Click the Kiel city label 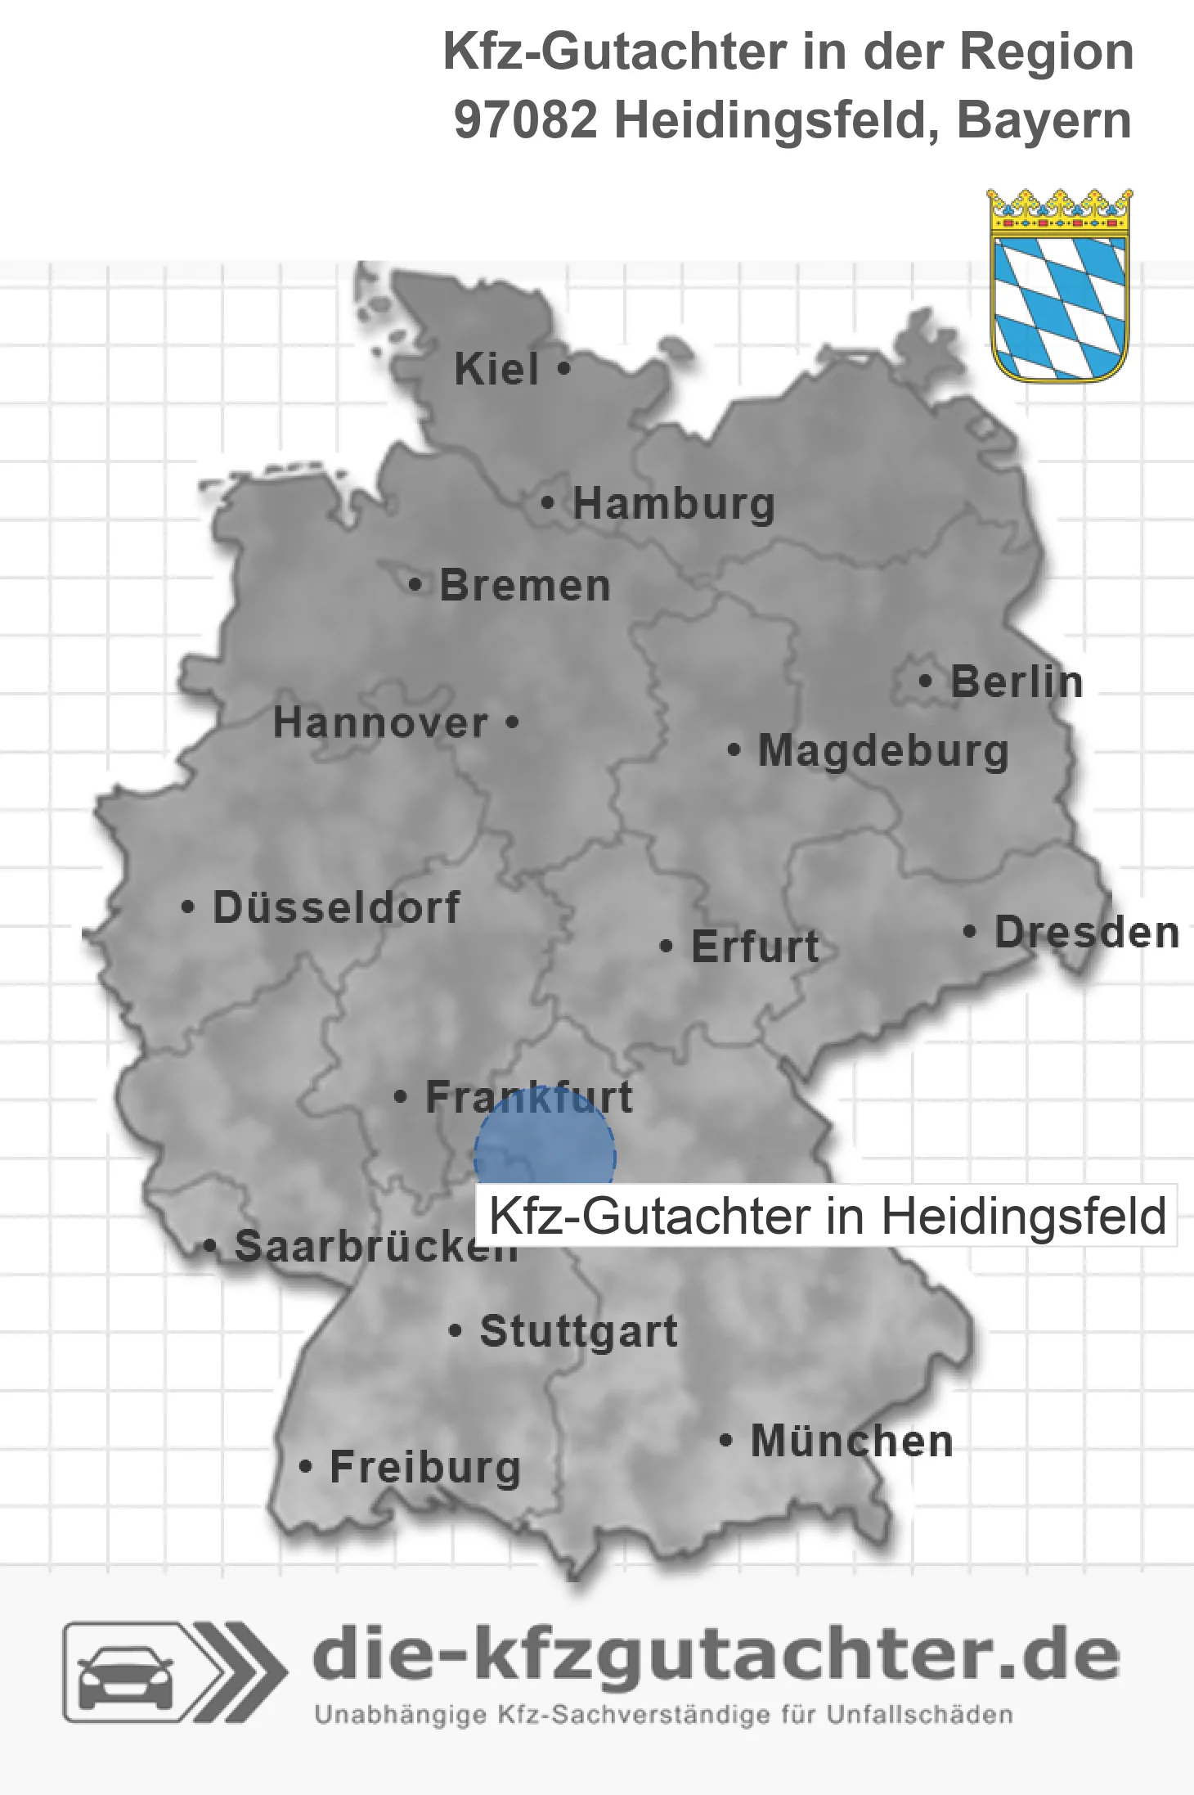pyautogui.click(x=496, y=370)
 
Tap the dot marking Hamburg pyautogui.click(x=547, y=503)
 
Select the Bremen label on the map pyautogui.click(x=524, y=586)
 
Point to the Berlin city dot pyautogui.click(x=925, y=682)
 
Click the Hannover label pyautogui.click(x=380, y=723)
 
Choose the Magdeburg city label pyautogui.click(x=883, y=751)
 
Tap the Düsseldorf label pyautogui.click(x=336, y=907)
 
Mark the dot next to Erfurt pyautogui.click(x=666, y=947)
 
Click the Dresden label pyautogui.click(x=1086, y=933)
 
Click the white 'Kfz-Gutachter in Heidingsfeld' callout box pyautogui.click(x=826, y=1216)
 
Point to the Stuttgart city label pyautogui.click(x=578, y=1331)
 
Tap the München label pyautogui.click(x=851, y=1441)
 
